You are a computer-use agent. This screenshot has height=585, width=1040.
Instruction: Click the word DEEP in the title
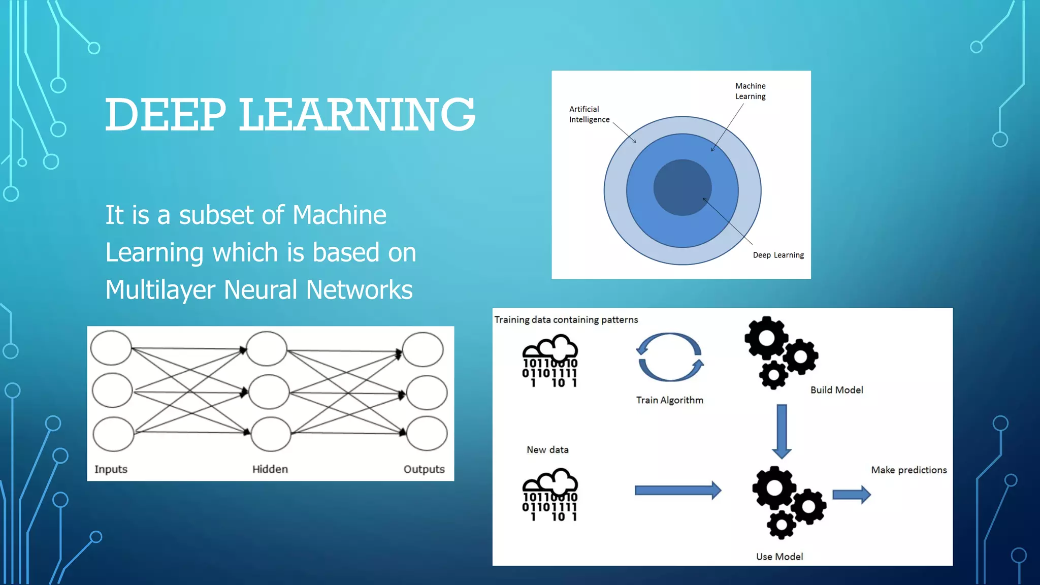(165, 115)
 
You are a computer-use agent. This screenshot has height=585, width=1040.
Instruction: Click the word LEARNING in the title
(357, 115)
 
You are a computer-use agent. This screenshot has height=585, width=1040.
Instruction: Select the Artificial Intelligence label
(589, 114)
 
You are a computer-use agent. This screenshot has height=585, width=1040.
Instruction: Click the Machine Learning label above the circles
(750, 91)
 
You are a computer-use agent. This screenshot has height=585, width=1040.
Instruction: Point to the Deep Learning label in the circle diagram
(778, 255)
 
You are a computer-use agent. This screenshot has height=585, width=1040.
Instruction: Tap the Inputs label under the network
(111, 469)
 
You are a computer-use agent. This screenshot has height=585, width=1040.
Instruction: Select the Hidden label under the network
(270, 469)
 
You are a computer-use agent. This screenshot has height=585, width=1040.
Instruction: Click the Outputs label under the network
(424, 469)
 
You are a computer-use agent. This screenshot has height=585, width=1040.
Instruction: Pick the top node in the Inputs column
(111, 348)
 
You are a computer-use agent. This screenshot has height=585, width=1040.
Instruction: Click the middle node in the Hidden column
(269, 392)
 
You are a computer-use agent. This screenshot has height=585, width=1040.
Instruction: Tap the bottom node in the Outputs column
(427, 433)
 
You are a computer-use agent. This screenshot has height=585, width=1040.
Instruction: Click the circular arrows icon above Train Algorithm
(670, 357)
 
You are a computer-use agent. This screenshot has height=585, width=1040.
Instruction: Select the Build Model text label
(836, 390)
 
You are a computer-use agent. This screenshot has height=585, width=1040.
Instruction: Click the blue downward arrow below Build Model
(782, 431)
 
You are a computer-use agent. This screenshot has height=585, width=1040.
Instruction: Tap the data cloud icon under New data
(550, 495)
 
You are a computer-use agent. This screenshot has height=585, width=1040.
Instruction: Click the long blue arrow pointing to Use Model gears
(677, 490)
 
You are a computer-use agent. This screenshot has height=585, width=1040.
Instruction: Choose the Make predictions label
(908, 470)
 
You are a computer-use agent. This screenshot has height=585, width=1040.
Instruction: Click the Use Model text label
(779, 557)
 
